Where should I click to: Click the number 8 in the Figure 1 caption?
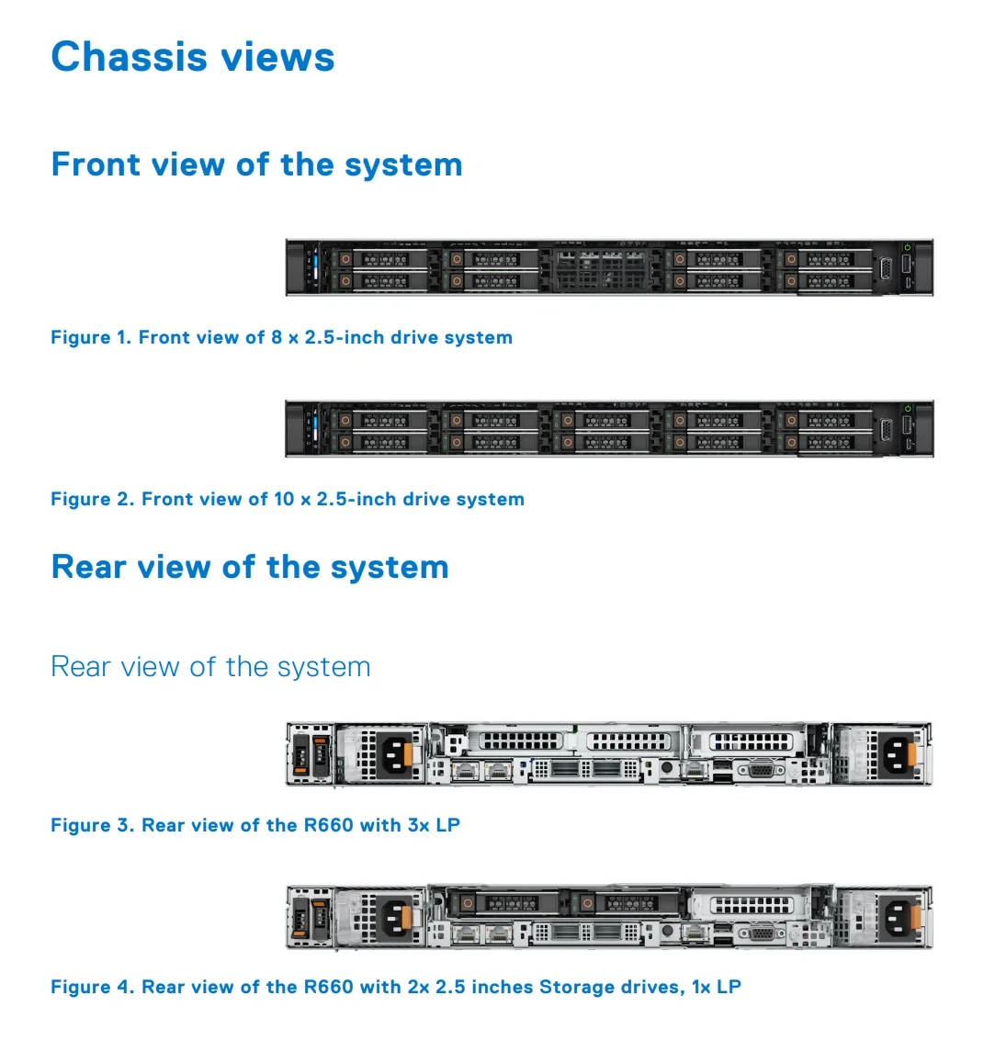coord(277,337)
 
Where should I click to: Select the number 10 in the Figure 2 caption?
coord(284,499)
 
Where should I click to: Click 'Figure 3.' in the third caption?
coord(92,825)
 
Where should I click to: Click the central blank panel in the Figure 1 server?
coord(606,268)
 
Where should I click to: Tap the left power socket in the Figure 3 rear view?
coord(396,755)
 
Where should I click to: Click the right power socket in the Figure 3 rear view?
coord(897,755)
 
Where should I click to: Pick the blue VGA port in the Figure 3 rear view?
coord(761,771)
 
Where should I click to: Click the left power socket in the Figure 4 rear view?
coord(396,917)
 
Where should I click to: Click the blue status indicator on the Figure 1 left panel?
coord(315,267)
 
